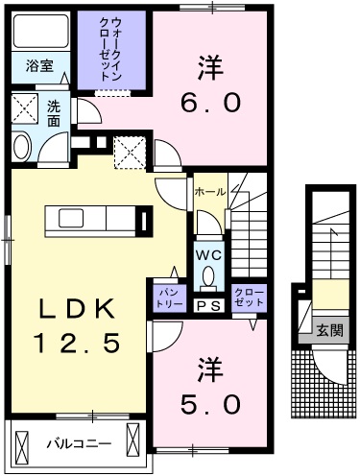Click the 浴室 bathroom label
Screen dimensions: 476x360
(38, 67)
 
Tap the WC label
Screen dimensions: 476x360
(208, 256)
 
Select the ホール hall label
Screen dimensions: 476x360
(209, 192)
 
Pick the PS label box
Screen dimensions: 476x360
(208, 306)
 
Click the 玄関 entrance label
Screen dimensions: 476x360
(329, 330)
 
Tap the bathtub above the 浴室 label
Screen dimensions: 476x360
(38, 36)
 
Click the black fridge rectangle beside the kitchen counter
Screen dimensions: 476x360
(143, 221)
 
